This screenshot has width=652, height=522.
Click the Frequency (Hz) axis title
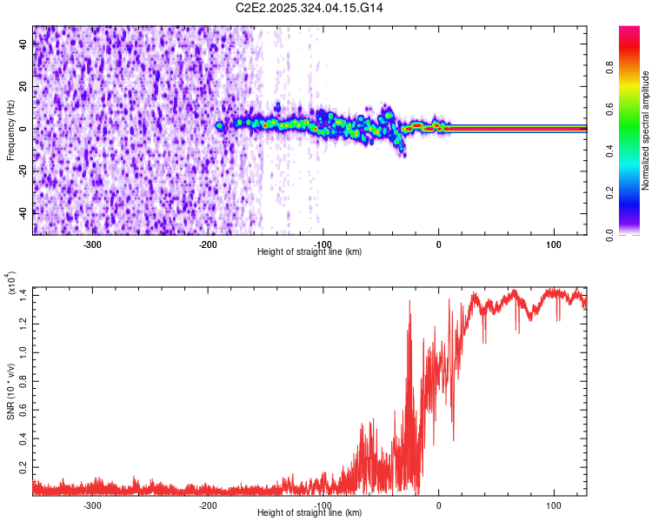(x=10, y=130)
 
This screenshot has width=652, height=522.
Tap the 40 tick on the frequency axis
(x=23, y=46)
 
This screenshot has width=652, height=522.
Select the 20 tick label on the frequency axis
(x=23, y=87)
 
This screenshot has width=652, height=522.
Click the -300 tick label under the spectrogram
(x=92, y=244)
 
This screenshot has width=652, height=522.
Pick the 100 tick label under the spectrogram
(x=554, y=244)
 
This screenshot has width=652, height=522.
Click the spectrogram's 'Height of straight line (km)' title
(x=309, y=252)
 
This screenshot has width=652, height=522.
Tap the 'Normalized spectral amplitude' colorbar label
(x=646, y=130)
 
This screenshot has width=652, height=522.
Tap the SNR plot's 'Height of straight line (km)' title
(x=309, y=513)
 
